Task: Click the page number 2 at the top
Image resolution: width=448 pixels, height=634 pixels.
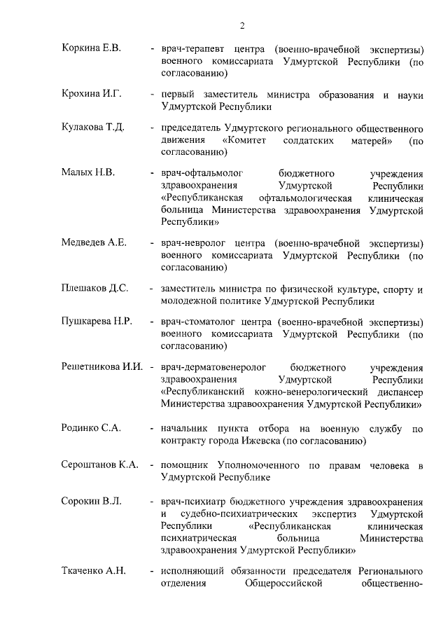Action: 241,26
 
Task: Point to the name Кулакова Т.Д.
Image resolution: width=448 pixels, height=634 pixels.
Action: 92,128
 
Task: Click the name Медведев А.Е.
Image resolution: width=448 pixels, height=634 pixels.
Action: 94,242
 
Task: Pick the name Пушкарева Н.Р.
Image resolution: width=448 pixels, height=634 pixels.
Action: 95,322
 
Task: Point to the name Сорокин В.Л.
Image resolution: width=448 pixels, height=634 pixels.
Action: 91,502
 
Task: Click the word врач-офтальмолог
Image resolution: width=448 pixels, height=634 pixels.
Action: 198,172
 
